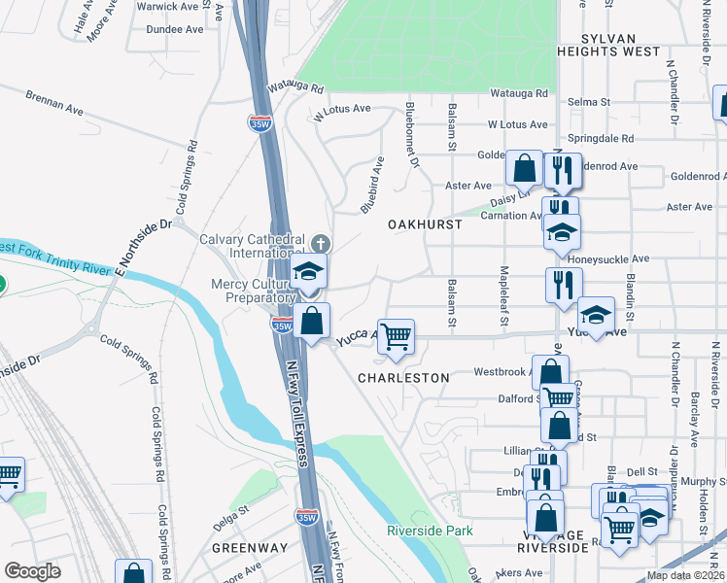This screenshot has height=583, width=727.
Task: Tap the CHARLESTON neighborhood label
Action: [403, 377]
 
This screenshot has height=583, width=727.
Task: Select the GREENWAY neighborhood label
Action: [250, 548]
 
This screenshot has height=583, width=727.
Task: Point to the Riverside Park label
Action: [430, 531]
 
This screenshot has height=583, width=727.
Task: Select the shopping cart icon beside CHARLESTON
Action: [396, 337]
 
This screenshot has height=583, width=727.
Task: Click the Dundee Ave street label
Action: [174, 29]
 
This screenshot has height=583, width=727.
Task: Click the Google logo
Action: [32, 571]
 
